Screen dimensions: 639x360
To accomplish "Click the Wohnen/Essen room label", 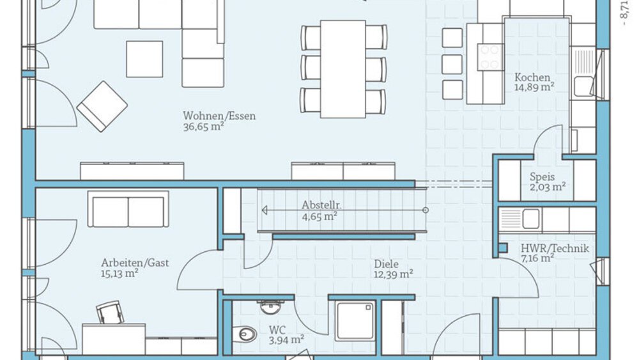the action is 219,116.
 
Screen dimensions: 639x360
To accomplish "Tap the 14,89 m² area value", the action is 534,87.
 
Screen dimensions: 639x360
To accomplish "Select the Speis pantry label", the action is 542,177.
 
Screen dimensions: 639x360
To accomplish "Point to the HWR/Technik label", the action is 555,248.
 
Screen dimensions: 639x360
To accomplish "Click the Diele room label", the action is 386,264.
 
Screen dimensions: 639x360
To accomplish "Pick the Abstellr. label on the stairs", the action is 321,205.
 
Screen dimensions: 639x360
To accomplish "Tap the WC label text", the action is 277,329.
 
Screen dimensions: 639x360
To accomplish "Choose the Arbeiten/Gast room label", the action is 135,263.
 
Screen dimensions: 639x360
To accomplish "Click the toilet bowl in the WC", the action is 245,334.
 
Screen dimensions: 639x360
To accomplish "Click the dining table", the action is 343,69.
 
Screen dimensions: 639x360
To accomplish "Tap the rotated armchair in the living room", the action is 102,106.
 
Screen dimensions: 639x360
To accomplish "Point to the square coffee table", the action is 144,59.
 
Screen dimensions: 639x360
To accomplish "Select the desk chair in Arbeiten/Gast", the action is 110,313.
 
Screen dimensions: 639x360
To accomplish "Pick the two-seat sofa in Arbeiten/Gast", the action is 128,210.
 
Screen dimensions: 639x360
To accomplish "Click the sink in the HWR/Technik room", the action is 530,219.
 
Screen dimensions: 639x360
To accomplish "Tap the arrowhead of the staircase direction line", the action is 265,210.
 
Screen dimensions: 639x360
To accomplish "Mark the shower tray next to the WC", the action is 355,321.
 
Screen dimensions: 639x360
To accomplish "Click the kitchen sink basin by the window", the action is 583,86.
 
